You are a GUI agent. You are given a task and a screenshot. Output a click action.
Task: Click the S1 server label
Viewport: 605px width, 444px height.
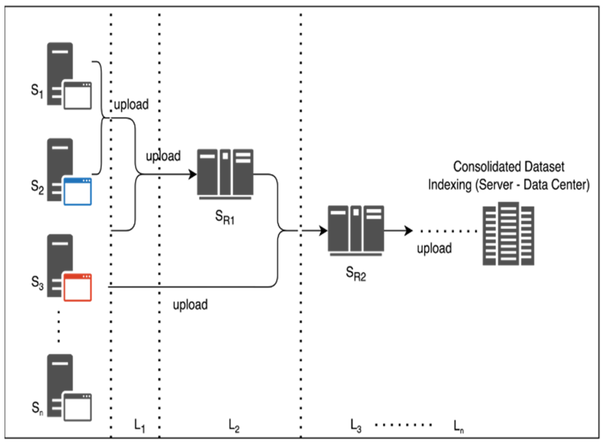(37, 91)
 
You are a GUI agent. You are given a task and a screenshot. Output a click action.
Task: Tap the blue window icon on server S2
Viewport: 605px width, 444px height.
(78, 191)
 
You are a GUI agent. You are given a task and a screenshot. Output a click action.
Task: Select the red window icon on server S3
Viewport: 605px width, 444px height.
(78, 287)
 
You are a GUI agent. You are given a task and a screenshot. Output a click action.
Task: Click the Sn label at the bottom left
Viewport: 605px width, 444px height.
(37, 408)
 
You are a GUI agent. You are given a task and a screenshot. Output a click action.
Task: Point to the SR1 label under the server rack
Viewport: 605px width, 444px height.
(225, 217)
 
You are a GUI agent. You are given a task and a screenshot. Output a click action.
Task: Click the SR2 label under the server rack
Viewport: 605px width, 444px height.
(356, 274)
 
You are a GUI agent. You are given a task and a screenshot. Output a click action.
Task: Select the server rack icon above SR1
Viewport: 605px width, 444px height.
(225, 174)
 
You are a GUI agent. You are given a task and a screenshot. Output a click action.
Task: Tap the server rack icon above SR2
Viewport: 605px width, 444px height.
(356, 230)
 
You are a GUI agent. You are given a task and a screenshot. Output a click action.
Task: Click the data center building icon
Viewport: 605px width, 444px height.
(508, 234)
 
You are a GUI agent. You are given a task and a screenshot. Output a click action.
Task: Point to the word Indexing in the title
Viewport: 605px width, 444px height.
(450, 185)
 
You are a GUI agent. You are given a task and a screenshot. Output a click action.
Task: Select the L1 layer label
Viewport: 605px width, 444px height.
(139, 426)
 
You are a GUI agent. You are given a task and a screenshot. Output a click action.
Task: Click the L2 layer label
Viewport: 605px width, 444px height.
(234, 426)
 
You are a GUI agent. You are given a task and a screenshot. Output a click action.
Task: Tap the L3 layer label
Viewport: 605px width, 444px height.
(356, 426)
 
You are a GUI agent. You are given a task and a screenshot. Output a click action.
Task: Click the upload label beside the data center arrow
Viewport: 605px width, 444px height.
(434, 248)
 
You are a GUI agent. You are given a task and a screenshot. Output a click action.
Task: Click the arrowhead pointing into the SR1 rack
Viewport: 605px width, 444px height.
(193, 174)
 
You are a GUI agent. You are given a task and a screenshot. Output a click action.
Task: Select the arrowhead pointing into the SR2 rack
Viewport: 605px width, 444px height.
(323, 231)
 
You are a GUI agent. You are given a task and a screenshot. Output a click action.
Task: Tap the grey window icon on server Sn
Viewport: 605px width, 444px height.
(78, 407)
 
